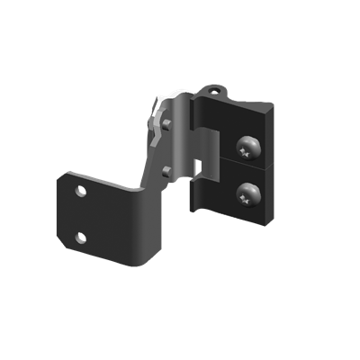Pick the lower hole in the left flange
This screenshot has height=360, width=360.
point(80,237)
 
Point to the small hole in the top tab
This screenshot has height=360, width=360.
point(213,91)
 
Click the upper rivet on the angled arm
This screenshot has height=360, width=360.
point(166,123)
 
